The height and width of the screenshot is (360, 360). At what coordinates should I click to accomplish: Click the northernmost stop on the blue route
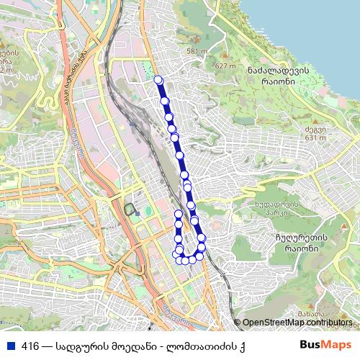[x=158, y=80]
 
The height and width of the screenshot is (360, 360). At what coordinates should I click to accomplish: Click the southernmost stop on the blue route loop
[x=186, y=261]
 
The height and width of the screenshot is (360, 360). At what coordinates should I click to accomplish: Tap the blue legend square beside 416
[x=11, y=346]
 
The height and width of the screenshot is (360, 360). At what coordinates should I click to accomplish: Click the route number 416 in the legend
[x=30, y=346]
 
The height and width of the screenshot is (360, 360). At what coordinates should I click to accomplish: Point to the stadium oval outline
[x=130, y=210]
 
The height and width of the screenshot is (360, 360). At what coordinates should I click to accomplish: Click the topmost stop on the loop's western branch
[x=179, y=215]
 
